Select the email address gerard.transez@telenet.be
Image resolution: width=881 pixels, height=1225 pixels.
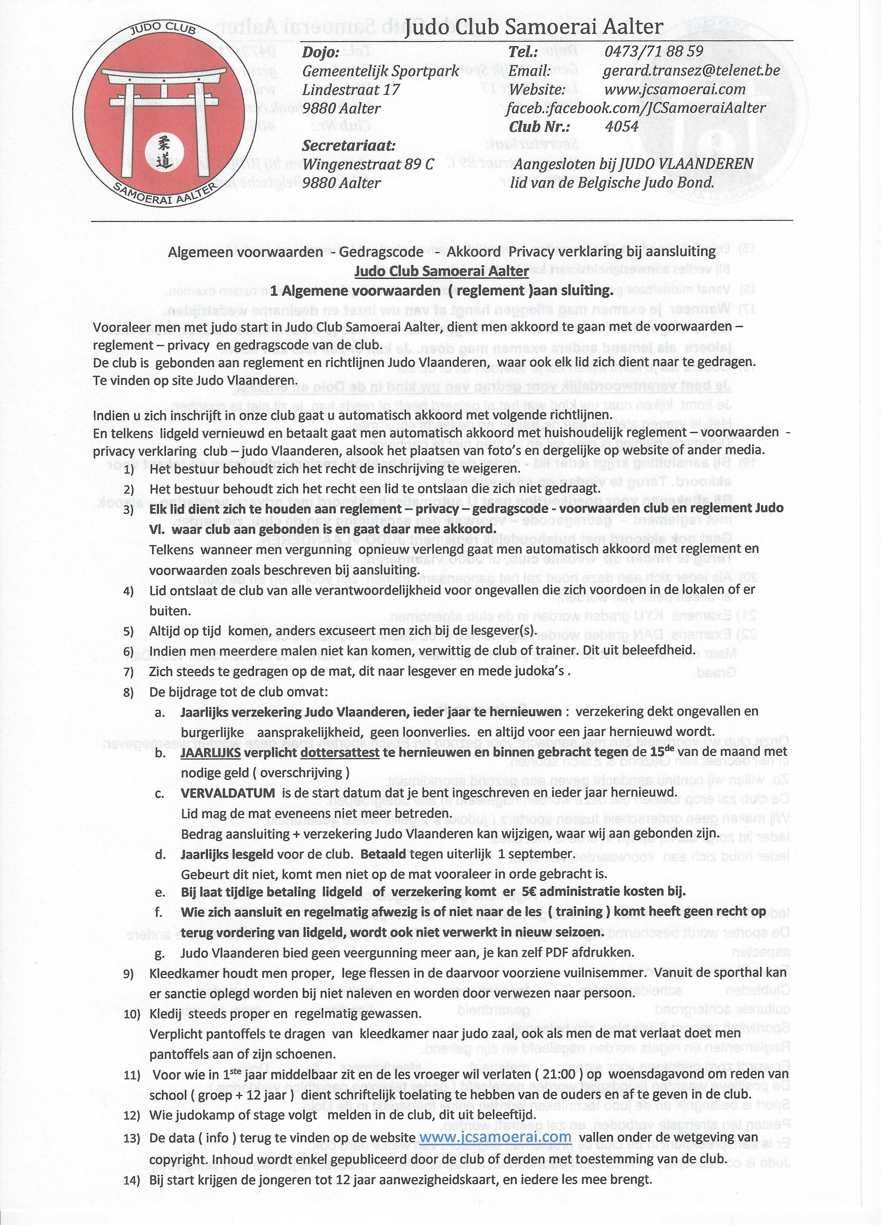(691, 71)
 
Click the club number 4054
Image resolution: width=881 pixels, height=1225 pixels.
(622, 126)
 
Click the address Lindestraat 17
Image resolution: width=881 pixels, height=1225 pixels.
(351, 90)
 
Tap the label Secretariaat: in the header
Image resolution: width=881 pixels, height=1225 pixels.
(349, 146)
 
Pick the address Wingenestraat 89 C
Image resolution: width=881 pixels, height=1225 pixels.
(368, 164)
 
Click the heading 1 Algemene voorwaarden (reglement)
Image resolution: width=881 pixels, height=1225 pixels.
(442, 291)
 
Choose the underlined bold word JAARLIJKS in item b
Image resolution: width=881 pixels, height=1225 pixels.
(210, 752)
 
